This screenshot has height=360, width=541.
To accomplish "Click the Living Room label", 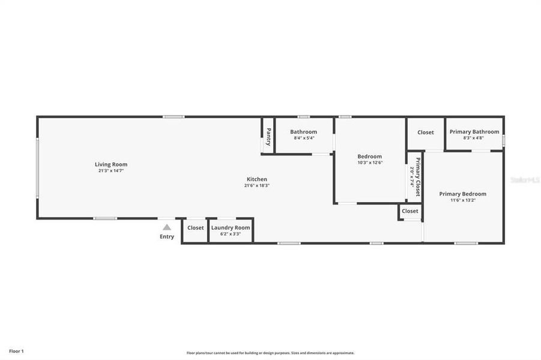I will pyautogui.click(x=111, y=164).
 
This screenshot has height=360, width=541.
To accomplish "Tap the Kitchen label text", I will pyautogui.click(x=257, y=179).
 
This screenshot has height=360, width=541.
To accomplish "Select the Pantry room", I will pyautogui.click(x=268, y=136).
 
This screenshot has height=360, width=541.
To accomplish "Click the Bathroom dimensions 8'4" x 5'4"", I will pyautogui.click(x=304, y=138).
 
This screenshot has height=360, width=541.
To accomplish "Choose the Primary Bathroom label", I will pyautogui.click(x=474, y=132).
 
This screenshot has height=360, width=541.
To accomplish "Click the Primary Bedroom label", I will pyautogui.click(x=462, y=194).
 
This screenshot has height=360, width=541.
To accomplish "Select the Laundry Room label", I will pyautogui.click(x=230, y=228).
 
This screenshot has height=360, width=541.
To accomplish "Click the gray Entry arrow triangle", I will pyautogui.click(x=167, y=227).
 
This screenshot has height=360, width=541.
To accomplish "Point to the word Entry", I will pyautogui.click(x=167, y=236).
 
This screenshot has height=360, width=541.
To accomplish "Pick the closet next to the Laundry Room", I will pyautogui.click(x=195, y=228).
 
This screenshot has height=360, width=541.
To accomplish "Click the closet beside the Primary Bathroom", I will pyautogui.click(x=425, y=133).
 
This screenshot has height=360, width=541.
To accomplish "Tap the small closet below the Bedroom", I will pyautogui.click(x=410, y=211).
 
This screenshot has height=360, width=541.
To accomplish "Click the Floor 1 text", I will pyautogui.click(x=16, y=351).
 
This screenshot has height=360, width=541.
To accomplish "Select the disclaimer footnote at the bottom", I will pyautogui.click(x=270, y=353).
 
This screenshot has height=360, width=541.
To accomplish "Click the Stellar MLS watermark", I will pyautogui.click(x=524, y=179).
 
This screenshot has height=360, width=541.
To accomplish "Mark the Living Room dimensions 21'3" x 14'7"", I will pyautogui.click(x=111, y=170).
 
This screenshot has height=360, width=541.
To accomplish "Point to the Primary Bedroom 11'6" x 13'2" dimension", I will pyautogui.click(x=462, y=200).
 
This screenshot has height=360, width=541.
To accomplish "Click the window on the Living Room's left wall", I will pyautogui.click(x=37, y=168).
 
